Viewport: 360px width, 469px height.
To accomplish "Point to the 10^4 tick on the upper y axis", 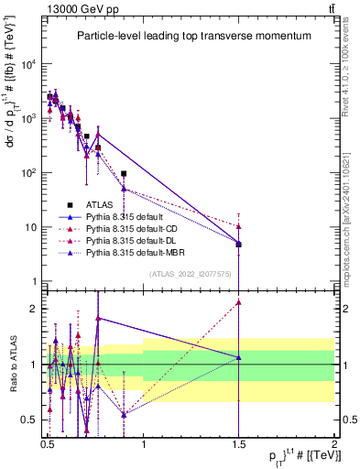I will coord(28,64).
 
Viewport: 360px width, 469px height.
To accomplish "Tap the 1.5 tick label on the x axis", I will coord(238,442).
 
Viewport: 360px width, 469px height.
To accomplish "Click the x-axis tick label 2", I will coord(334,442).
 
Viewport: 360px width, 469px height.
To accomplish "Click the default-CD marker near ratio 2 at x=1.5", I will coord(238,302).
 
